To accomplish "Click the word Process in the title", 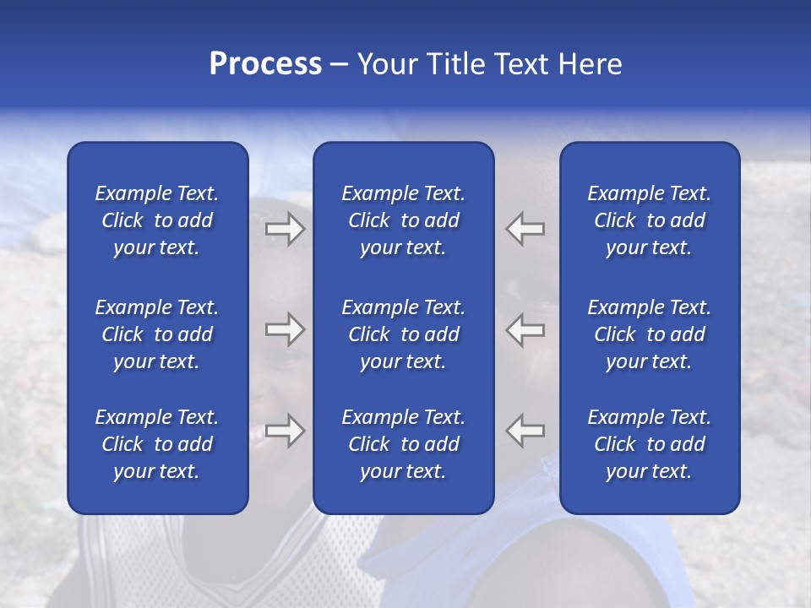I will pyautogui.click(x=265, y=64).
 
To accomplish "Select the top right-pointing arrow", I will pyautogui.click(x=286, y=229).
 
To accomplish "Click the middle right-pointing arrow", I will pyautogui.click(x=286, y=329).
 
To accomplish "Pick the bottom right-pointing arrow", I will pyautogui.click(x=286, y=431).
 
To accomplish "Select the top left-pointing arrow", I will pyautogui.click(x=525, y=229).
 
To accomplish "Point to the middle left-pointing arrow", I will pyautogui.click(x=525, y=329).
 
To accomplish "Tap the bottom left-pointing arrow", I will pyautogui.click(x=525, y=431).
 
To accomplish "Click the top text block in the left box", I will pyautogui.click(x=157, y=220).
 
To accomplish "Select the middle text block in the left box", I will pyautogui.click(x=157, y=334).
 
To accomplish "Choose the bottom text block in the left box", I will pyautogui.click(x=157, y=444).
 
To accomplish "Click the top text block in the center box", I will pyautogui.click(x=403, y=220).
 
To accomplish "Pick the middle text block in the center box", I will pyautogui.click(x=403, y=334).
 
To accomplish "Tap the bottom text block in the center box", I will pyautogui.click(x=403, y=444).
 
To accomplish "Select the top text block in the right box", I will pyautogui.click(x=649, y=220).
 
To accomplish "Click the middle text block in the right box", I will pyautogui.click(x=649, y=334).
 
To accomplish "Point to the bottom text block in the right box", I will pyautogui.click(x=649, y=444).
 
